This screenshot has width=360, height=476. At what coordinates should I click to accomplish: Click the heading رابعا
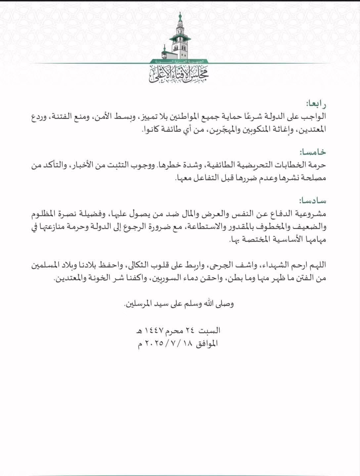tap(316, 104)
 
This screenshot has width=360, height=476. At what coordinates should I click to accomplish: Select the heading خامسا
tap(313, 152)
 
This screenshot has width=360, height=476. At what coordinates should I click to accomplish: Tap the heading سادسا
tap(313, 201)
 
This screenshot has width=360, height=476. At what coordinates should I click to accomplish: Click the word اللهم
tap(316, 265)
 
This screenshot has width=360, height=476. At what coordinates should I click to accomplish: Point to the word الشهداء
tap(271, 265)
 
